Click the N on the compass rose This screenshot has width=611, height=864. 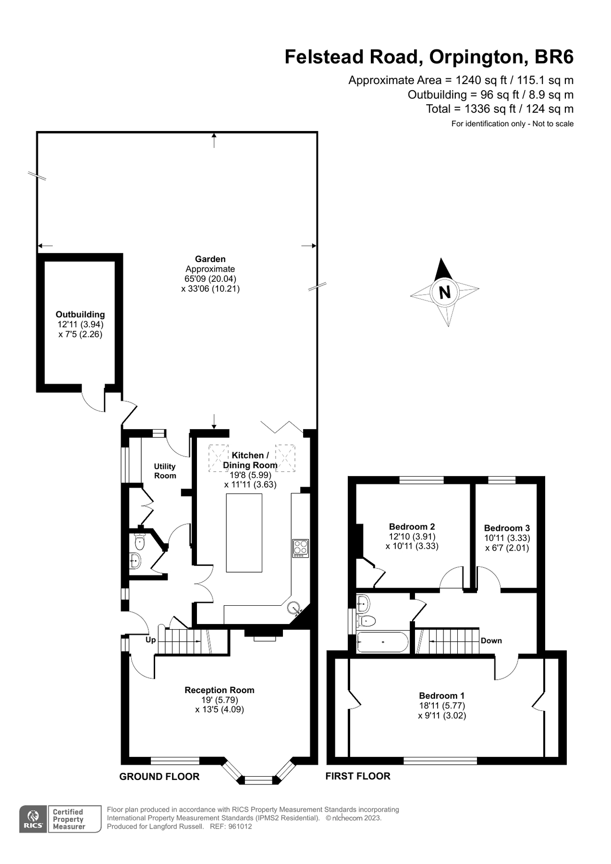[445, 292]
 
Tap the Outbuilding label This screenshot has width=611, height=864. [80, 314]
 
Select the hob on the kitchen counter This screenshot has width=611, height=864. [301, 548]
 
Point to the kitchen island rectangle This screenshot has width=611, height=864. [244, 533]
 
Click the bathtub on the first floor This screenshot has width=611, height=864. [382, 642]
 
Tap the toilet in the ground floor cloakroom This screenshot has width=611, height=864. [140, 542]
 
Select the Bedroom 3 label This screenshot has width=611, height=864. [507, 528]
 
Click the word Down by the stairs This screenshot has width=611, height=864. [491, 641]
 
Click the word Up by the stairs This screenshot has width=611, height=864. [150, 640]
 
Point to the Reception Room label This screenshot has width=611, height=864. [220, 690]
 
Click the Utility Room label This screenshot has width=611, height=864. [165, 471]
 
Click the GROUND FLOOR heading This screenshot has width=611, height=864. [159, 777]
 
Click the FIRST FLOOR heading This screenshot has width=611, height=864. [358, 776]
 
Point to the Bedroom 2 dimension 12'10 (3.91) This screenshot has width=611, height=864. [412, 537]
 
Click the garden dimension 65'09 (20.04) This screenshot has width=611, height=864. [210, 279]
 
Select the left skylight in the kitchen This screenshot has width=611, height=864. [219, 458]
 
